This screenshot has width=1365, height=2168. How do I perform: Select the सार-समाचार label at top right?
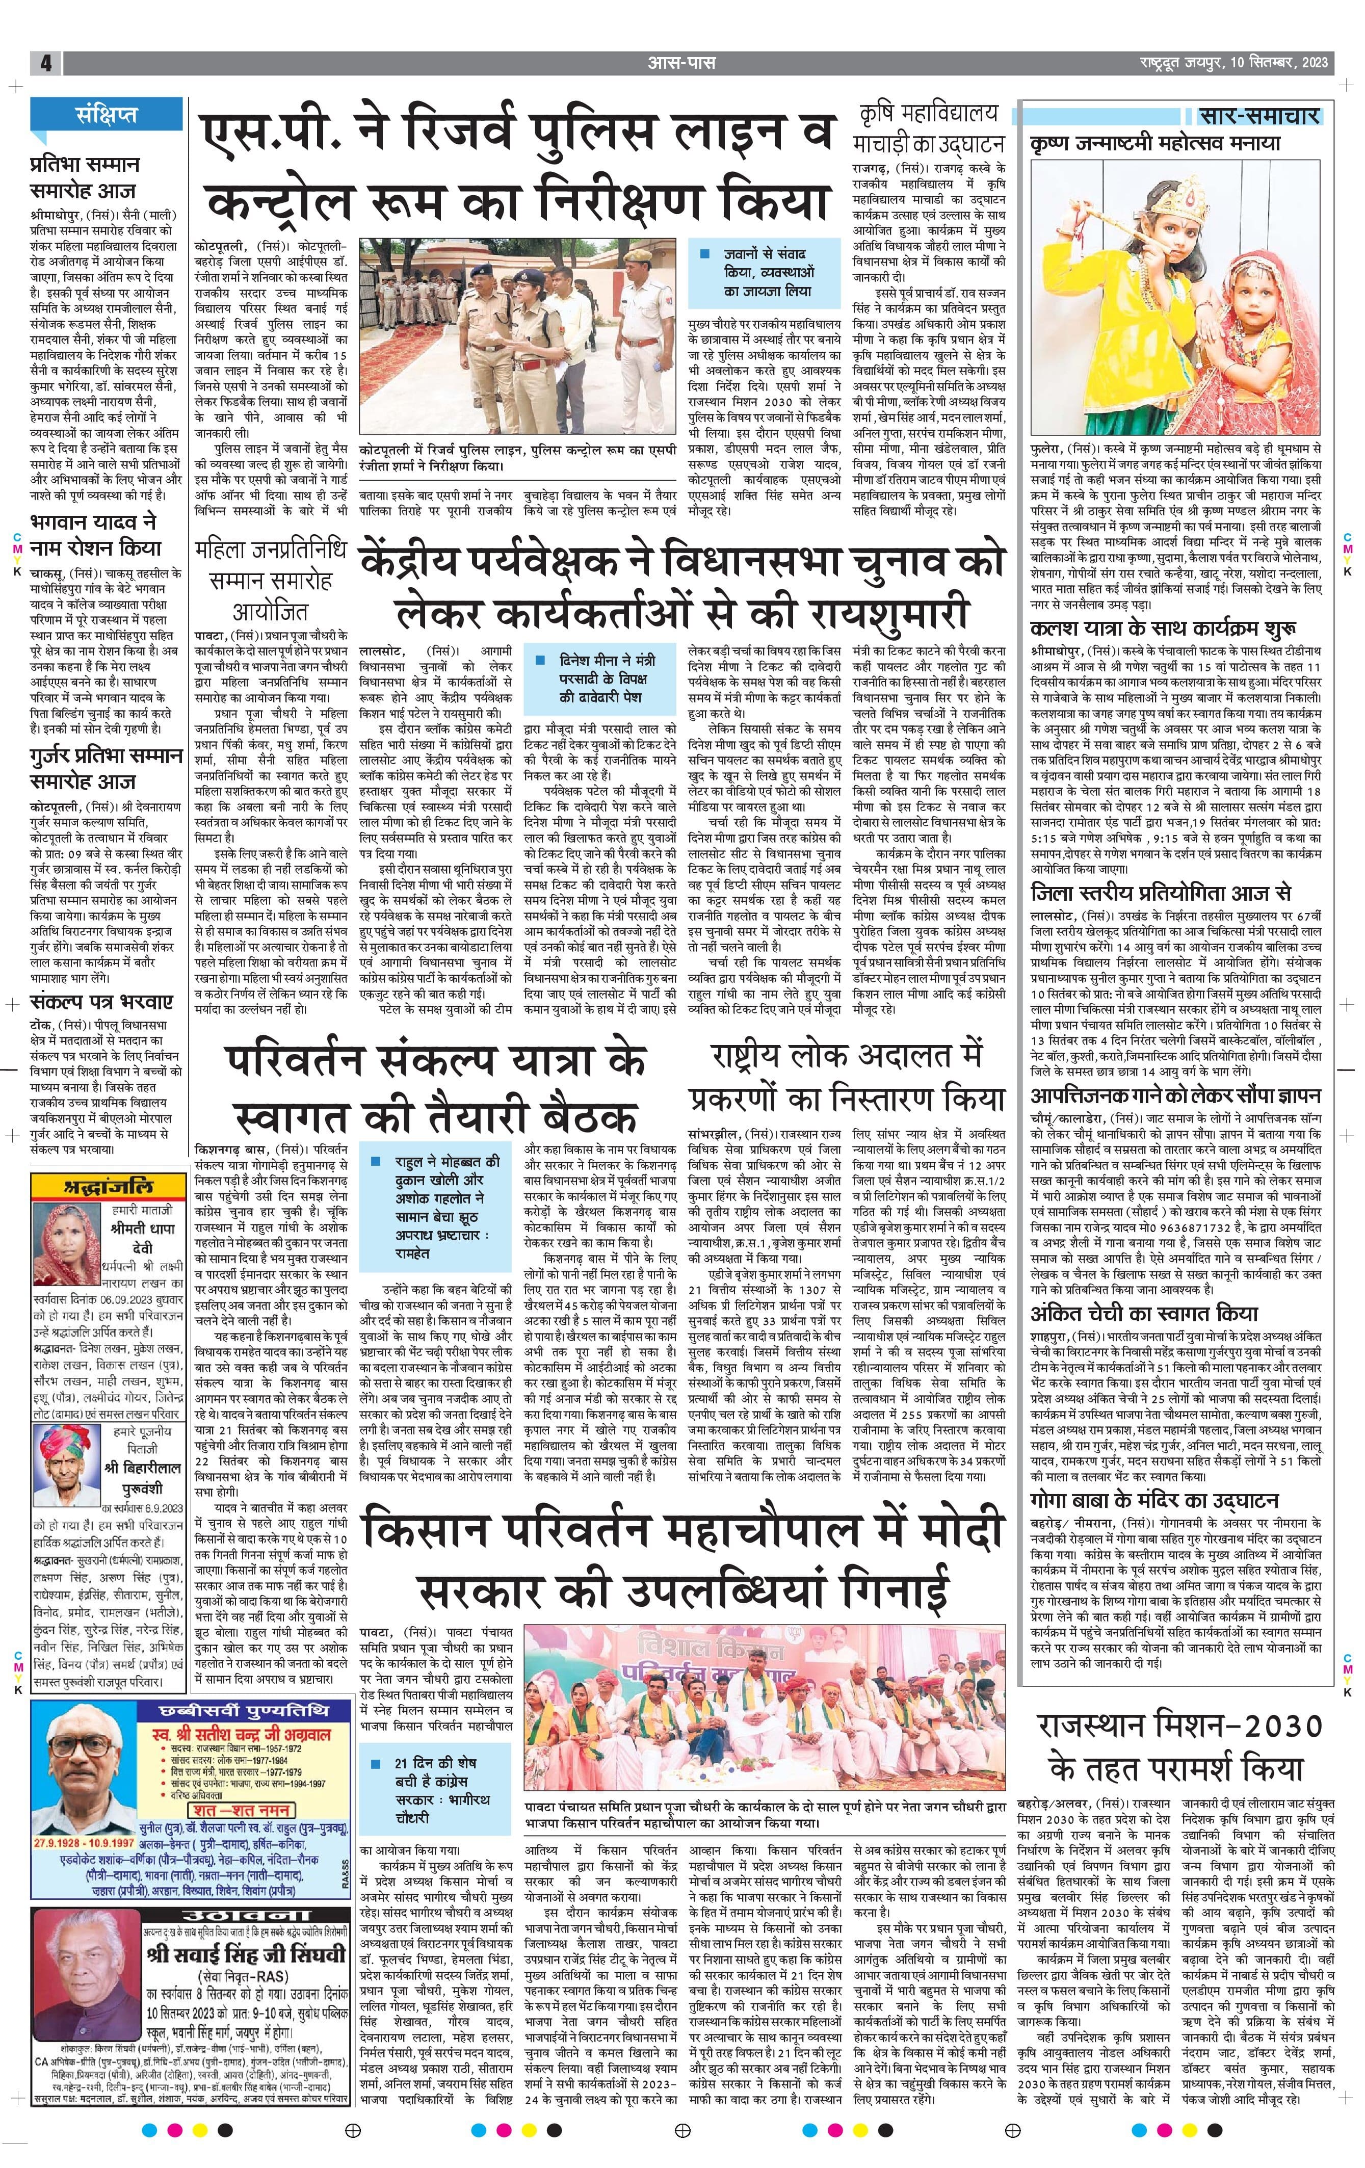click(1259, 116)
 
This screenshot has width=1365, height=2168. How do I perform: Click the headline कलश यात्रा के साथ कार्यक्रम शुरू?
click(1163, 628)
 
